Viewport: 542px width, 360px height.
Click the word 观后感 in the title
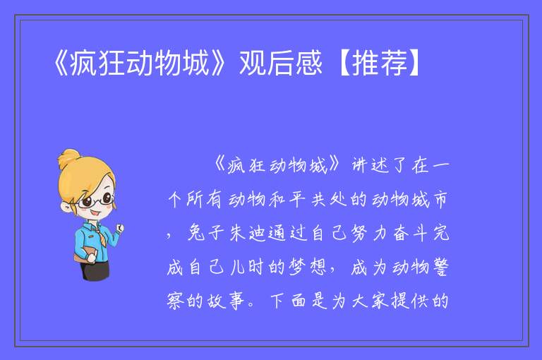click(x=281, y=63)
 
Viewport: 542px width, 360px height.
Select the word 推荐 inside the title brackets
click(x=380, y=63)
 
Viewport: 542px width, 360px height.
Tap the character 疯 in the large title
click(x=83, y=63)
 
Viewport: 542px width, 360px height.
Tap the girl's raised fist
click(x=119, y=227)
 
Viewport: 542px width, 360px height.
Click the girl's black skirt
click(x=95, y=270)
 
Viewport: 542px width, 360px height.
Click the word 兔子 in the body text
click(x=206, y=233)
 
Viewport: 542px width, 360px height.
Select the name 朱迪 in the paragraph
click(x=247, y=233)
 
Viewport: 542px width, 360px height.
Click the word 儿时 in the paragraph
click(x=247, y=267)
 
